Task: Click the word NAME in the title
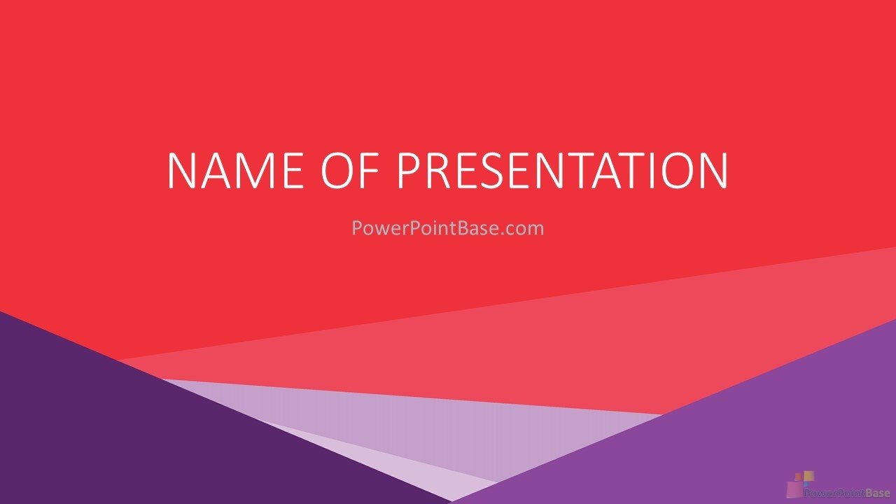(236, 170)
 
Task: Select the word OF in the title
(349, 170)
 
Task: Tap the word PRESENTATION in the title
(561, 170)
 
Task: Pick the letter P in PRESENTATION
(408, 170)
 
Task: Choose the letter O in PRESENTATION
(678, 170)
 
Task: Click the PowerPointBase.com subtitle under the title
(447, 228)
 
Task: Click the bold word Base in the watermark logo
(878, 493)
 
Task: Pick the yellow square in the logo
(808, 475)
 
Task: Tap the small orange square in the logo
(799, 477)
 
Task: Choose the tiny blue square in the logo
(806, 484)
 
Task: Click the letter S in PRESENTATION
(497, 170)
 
